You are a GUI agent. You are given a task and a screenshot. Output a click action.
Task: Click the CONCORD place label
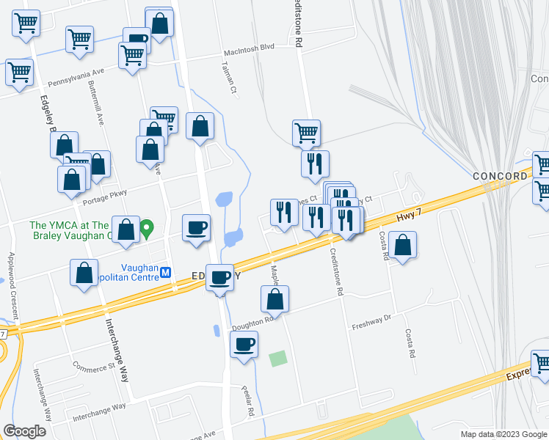pyautogui.click(x=499, y=177)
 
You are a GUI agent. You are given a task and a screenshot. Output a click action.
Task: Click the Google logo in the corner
pyautogui.click(x=25, y=430)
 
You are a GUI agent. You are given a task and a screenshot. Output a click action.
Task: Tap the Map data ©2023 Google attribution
pyautogui.click(x=503, y=434)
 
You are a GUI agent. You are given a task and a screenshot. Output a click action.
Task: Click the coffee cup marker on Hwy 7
pyautogui.click(x=220, y=278)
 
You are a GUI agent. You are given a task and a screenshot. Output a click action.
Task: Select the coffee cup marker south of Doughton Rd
pyautogui.click(x=244, y=344)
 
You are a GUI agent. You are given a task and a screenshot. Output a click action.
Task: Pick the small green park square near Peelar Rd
pyautogui.click(x=277, y=359)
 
